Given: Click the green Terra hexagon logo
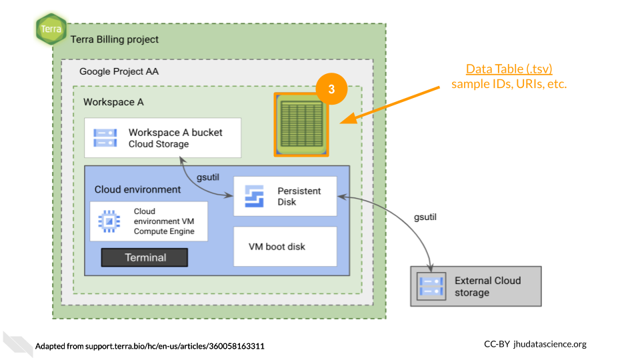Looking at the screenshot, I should tap(51, 29).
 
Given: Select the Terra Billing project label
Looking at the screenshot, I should tap(115, 39).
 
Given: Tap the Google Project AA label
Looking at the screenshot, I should tap(119, 71).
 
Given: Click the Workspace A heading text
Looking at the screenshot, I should tap(113, 102).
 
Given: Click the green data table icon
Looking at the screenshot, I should tap(301, 125).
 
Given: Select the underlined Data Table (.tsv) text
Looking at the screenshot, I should tap(509, 69).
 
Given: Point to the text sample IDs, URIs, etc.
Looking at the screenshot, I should tap(509, 84).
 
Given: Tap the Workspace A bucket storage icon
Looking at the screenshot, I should tap(105, 138).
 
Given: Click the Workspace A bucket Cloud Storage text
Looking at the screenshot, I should tap(175, 138).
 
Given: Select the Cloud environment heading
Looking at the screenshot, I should tap(137, 189).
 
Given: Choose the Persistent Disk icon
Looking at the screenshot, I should tap(255, 196).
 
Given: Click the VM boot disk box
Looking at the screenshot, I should tap(285, 247).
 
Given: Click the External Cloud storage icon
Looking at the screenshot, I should tap(430, 286).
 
